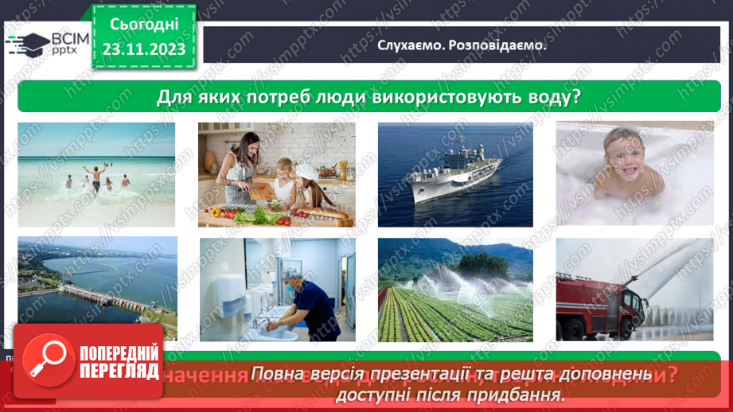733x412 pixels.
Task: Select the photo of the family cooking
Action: point(276,175)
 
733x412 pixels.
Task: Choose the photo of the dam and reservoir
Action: point(97,288)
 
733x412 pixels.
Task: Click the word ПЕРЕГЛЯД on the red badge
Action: point(119,370)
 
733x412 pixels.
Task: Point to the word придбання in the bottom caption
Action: point(528,394)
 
